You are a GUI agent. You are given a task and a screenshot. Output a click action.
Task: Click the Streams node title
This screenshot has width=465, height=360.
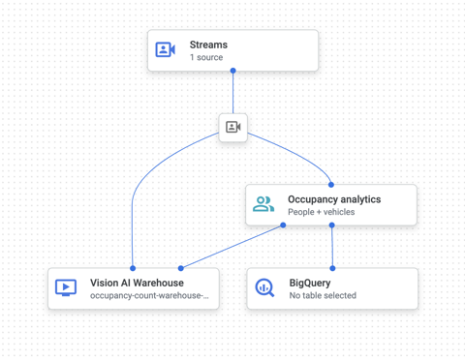[x=208, y=45]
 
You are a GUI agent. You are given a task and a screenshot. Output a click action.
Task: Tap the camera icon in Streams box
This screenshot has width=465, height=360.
[x=166, y=49]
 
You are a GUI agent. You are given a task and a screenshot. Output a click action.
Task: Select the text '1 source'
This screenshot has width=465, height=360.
[x=205, y=58]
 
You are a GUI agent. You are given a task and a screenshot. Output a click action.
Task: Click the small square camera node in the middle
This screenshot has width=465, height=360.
[x=232, y=127]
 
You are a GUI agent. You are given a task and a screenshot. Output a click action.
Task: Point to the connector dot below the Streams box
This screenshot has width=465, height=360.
[x=232, y=71]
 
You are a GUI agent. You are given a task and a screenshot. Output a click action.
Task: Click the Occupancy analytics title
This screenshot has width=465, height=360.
[x=334, y=199]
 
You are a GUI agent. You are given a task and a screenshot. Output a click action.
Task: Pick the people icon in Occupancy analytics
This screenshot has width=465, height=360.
[x=263, y=204]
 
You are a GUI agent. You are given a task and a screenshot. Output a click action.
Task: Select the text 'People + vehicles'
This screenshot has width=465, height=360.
[x=321, y=212]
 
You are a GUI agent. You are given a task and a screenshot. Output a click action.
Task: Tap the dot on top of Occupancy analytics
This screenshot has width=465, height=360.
[x=331, y=184]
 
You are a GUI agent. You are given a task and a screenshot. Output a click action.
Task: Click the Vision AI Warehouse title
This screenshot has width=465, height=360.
[x=137, y=283]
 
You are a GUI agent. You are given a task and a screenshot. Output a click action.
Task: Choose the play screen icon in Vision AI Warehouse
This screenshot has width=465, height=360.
[x=66, y=287]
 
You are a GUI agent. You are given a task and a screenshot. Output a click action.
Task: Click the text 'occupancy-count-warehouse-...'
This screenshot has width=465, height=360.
[x=148, y=295]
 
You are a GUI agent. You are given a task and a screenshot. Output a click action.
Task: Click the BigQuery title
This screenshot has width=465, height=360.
[x=310, y=283]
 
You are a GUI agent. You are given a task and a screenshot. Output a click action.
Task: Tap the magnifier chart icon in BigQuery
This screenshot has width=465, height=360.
[x=264, y=287]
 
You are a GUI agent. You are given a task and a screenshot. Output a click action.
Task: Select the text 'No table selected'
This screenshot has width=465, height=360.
[x=323, y=295]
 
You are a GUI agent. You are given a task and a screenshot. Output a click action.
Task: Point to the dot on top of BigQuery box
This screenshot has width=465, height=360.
[x=332, y=268]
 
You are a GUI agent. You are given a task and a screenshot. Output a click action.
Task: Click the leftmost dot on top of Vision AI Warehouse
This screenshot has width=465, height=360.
[x=133, y=268]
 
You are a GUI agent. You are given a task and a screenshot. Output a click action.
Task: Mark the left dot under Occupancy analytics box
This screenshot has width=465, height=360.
[x=283, y=225]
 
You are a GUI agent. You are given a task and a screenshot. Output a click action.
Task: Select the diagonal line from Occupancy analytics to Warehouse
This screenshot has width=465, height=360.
[x=232, y=246]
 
